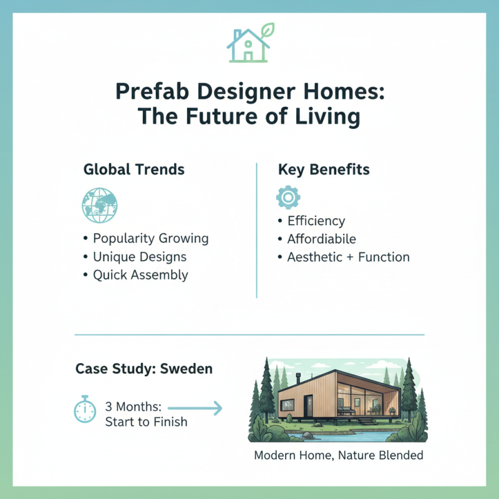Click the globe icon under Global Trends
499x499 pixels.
pos(99,204)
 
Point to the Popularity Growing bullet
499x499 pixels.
pos(150,238)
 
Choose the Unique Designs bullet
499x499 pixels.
pos(139,256)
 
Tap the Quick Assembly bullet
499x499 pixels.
pos(140,274)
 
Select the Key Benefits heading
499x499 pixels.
pos(324,170)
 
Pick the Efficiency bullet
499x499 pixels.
pos(316,221)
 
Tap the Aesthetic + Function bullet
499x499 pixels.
pos(348,257)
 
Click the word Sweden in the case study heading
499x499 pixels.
pos(187,369)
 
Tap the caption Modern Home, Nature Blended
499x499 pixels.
pos(339,455)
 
